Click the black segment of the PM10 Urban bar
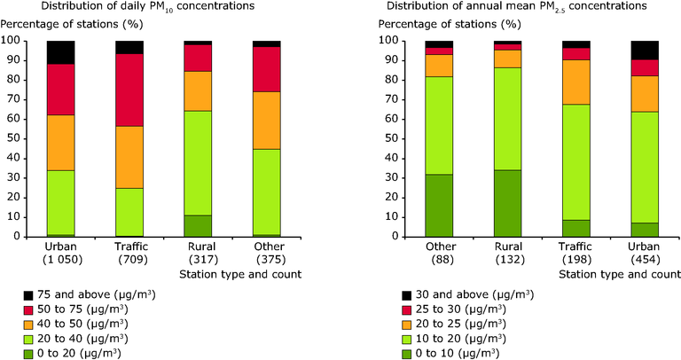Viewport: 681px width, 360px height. pos(60,52)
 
